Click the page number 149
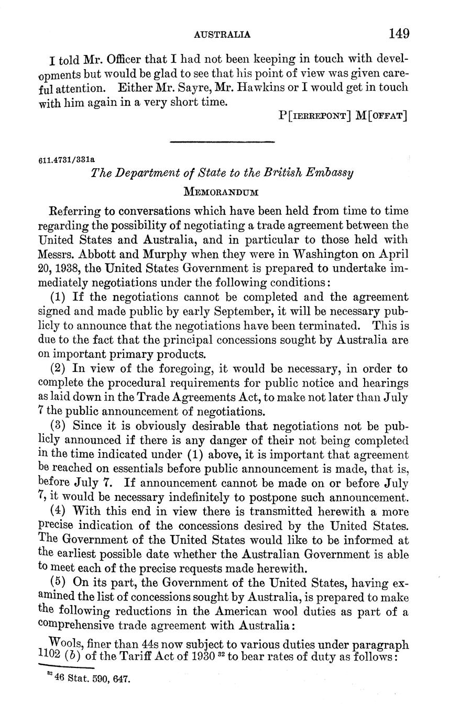(399, 34)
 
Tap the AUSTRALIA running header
(222, 35)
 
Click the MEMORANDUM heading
(222, 192)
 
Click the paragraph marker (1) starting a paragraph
(59, 297)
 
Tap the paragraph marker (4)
(59, 511)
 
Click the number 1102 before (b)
(51, 654)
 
